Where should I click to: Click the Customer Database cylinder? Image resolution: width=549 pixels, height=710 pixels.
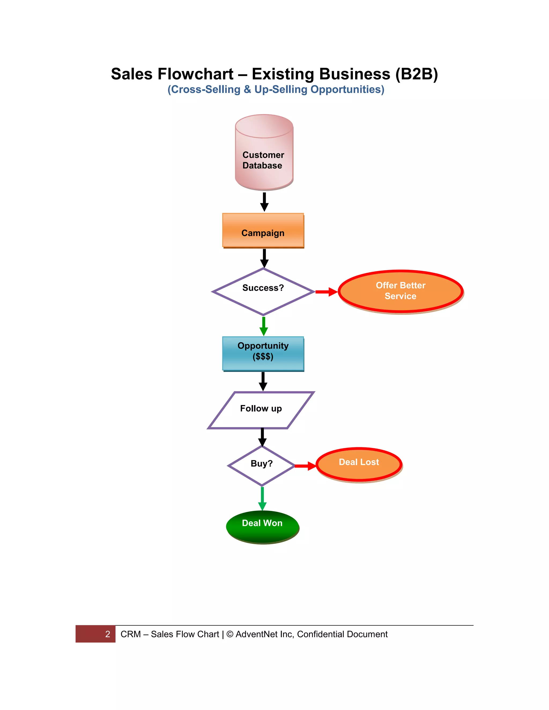264,153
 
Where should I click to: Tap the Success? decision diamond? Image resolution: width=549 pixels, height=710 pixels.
263,291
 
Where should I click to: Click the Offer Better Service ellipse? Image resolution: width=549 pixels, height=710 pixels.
401,291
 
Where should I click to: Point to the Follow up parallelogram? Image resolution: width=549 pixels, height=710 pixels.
261,410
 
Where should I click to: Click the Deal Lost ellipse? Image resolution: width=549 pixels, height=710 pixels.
359,464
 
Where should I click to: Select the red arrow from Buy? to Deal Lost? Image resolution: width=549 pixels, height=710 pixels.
305,466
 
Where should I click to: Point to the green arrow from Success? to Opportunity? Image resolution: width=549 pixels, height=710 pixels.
264,326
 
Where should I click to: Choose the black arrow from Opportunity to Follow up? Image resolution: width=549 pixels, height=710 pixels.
263,381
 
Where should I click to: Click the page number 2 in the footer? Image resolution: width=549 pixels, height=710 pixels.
108,634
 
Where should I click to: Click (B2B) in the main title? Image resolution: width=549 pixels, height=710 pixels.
417,74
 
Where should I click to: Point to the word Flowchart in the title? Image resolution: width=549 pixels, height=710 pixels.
195,74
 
